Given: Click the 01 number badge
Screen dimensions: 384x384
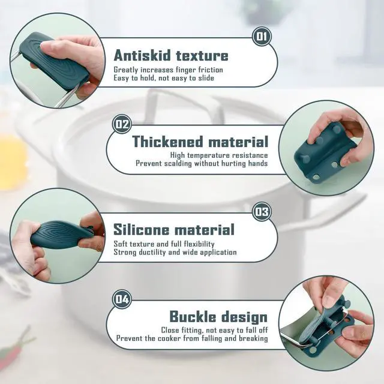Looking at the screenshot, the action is coord(262,37).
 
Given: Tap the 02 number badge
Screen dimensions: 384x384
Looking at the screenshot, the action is coord(122,124).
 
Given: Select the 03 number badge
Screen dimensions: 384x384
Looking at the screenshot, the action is coord(262,212).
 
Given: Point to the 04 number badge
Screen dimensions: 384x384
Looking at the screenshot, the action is coord(122,299).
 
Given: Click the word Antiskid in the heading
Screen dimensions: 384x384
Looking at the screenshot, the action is coord(142,55).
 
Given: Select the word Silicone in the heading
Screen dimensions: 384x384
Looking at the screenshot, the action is coord(142,229).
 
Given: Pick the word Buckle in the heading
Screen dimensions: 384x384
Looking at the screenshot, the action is coord(193,316).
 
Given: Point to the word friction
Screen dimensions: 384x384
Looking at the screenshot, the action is coord(211,70).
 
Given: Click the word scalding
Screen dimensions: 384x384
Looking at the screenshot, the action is coord(178,164).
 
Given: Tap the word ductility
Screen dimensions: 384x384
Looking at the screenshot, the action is coord(152,252).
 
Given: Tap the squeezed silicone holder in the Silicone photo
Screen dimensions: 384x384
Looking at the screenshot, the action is coord(61,234).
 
